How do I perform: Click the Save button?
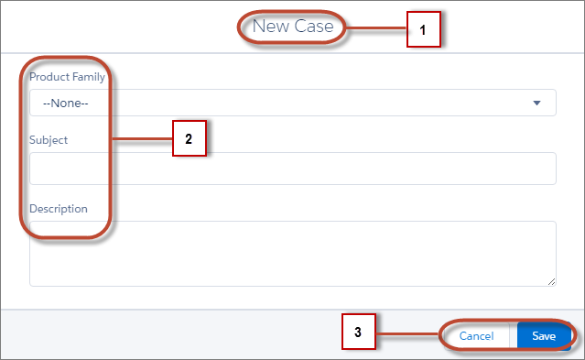(x=544, y=336)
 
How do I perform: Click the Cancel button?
(x=476, y=336)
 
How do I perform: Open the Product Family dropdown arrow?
(x=537, y=103)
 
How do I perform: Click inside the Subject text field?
(x=292, y=169)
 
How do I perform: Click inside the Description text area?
(x=292, y=253)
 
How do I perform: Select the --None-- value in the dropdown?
(x=65, y=104)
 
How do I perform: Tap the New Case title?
(x=293, y=27)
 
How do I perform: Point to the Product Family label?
(x=67, y=77)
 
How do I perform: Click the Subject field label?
(x=49, y=140)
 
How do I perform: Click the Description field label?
(x=59, y=208)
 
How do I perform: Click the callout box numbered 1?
(x=423, y=29)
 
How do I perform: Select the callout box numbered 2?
(x=188, y=140)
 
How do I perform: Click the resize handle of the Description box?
(x=551, y=281)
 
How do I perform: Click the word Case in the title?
(x=314, y=27)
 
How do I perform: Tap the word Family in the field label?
(x=87, y=77)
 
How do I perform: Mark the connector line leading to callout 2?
(x=142, y=140)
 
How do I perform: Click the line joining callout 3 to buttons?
(x=406, y=333)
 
